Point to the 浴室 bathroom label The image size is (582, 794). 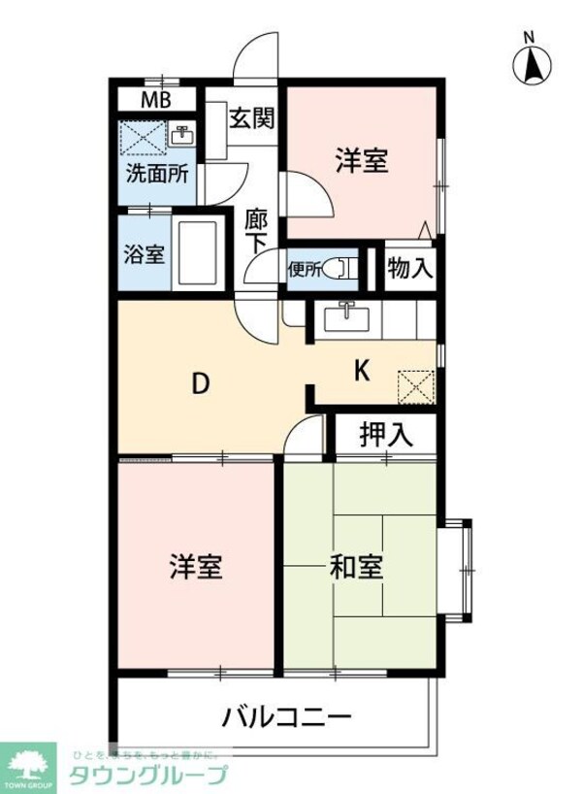[145, 256]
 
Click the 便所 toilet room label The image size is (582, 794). [303, 269]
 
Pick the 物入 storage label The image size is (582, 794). [409, 267]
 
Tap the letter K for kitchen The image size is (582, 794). [361, 370]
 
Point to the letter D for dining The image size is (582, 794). [199, 384]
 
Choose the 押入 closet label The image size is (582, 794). [385, 435]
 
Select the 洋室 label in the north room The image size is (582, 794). [362, 160]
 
